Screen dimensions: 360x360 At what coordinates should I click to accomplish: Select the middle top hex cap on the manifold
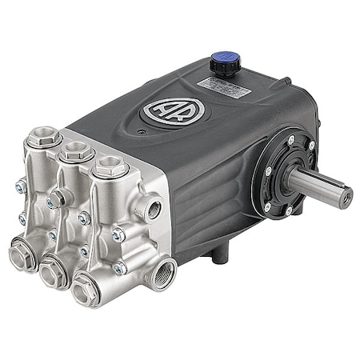point(76,150)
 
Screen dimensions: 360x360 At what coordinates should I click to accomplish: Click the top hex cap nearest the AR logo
point(111,166)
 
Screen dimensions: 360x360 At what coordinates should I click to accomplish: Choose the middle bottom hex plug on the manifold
point(56,273)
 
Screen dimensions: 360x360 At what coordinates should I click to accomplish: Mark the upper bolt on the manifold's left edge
point(19,186)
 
